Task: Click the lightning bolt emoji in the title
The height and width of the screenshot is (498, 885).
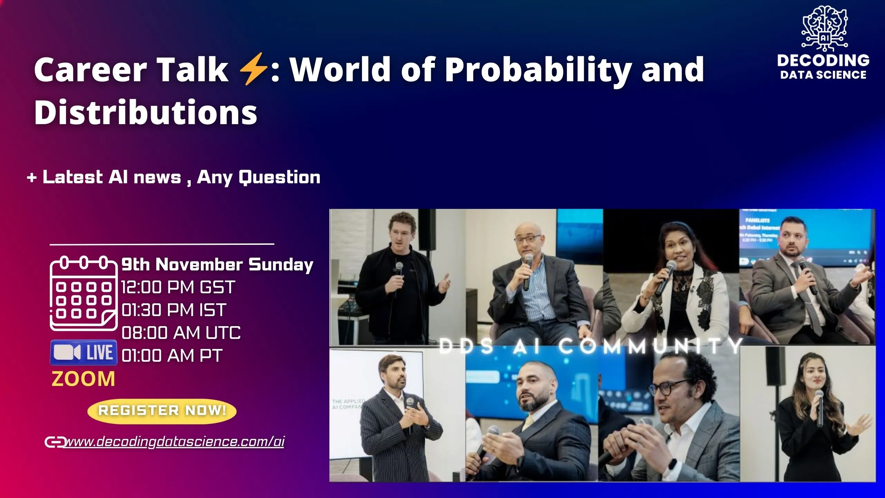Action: click(x=253, y=69)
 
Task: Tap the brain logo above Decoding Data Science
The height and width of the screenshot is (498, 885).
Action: click(x=824, y=28)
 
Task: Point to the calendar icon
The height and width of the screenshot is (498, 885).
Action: click(x=83, y=293)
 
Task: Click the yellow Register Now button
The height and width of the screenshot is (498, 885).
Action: click(x=162, y=411)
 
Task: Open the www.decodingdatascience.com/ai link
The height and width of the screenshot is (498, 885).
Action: click(x=175, y=442)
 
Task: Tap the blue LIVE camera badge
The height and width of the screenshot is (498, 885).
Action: click(x=83, y=352)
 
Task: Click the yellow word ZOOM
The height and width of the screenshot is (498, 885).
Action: click(x=83, y=379)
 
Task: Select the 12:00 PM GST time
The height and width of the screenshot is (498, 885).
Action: click(x=178, y=287)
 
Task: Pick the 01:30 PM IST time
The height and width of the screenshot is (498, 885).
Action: click(x=174, y=310)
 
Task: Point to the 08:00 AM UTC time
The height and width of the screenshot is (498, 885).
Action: click(x=181, y=333)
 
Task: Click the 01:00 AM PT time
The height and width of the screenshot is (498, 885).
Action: click(x=172, y=356)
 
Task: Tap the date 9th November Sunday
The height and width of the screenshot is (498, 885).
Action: click(x=217, y=265)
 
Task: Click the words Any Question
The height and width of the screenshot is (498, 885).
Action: click(x=259, y=177)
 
